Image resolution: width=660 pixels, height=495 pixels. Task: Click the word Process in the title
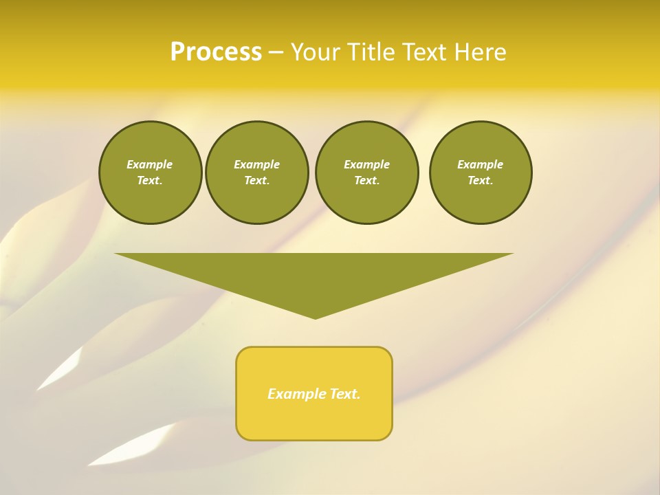tap(216, 52)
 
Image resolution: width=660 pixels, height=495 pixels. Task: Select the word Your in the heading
tap(316, 52)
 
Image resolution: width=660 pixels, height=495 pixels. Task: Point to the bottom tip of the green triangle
tap(315, 318)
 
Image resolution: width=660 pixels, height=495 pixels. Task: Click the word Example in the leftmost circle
tap(150, 164)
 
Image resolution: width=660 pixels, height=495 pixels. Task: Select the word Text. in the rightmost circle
tap(481, 180)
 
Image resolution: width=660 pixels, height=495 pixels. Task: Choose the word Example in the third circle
tap(366, 164)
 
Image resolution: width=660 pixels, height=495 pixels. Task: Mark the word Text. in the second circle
tap(257, 180)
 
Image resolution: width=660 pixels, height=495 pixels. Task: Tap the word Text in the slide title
tap(426, 52)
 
